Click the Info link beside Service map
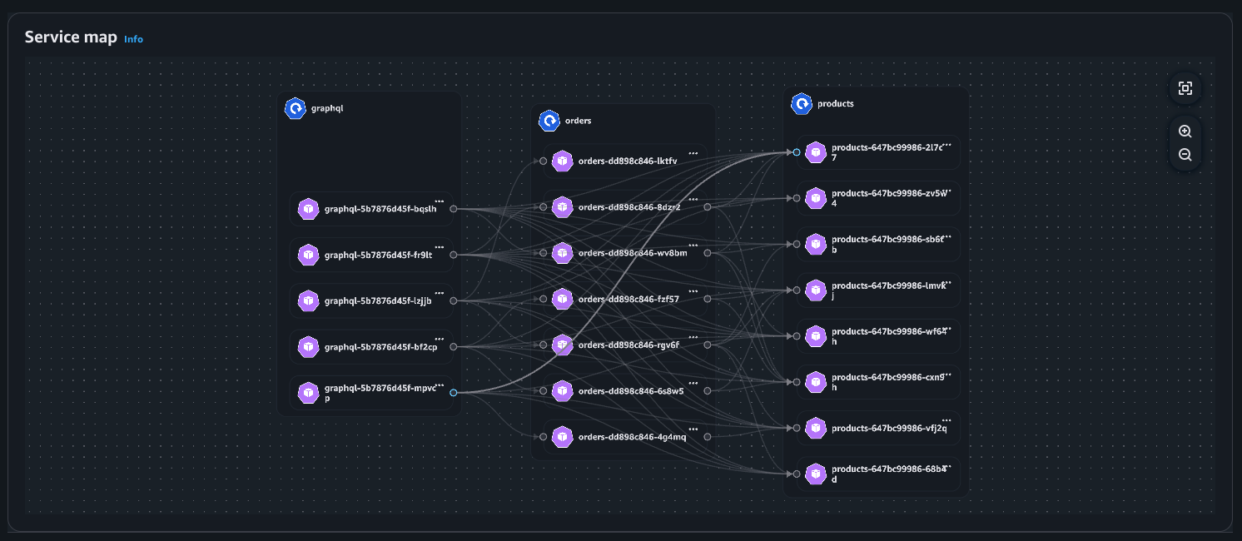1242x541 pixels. click(x=133, y=39)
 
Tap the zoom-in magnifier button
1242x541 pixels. click(x=1185, y=132)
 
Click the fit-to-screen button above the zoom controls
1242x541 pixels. click(x=1185, y=88)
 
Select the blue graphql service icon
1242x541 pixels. click(x=295, y=108)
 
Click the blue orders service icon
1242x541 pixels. click(x=549, y=121)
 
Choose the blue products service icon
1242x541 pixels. click(x=802, y=104)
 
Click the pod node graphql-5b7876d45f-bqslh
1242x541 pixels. click(x=379, y=210)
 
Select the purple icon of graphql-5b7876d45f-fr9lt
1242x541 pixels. click(x=309, y=255)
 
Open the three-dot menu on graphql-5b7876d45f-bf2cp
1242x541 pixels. click(x=440, y=338)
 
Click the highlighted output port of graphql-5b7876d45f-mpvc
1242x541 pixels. click(x=453, y=392)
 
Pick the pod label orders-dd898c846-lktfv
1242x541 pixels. click(x=627, y=161)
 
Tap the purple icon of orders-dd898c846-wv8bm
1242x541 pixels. click(x=563, y=253)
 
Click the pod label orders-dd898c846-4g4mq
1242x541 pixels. click(x=632, y=436)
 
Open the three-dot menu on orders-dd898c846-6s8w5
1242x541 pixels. click(x=693, y=383)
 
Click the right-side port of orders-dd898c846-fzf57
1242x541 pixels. click(x=707, y=299)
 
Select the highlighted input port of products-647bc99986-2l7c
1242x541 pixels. click(x=797, y=152)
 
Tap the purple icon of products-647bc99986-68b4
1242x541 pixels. click(x=817, y=474)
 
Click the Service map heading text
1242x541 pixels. click(x=71, y=37)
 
